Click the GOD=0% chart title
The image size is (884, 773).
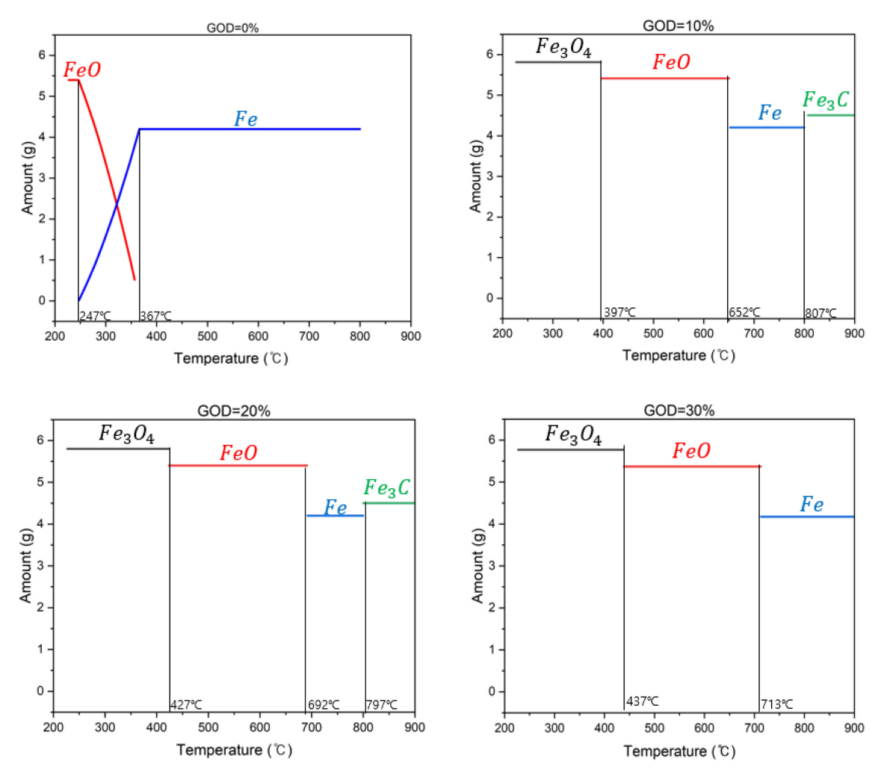(x=232, y=28)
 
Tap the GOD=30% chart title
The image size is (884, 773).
(x=679, y=410)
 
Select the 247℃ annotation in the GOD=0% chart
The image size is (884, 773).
(x=95, y=316)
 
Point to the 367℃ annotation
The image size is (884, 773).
(x=155, y=316)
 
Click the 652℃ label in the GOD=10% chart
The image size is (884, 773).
(x=744, y=312)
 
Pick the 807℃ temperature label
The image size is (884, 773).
(x=820, y=313)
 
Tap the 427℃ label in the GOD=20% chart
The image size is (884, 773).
(x=186, y=705)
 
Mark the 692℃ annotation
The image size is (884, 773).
(x=324, y=705)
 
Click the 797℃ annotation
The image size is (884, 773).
(x=382, y=705)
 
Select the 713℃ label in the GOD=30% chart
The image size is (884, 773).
(x=777, y=704)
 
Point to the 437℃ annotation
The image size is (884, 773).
(x=643, y=701)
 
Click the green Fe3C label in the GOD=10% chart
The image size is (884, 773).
(x=826, y=100)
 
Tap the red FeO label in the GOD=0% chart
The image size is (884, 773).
(x=82, y=70)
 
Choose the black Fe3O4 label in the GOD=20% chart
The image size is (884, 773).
(x=127, y=434)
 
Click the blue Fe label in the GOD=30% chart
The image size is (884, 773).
(x=812, y=505)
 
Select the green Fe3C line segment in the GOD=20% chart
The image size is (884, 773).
(x=389, y=503)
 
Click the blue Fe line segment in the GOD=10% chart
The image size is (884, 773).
(x=766, y=128)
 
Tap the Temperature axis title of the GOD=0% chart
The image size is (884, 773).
(x=231, y=358)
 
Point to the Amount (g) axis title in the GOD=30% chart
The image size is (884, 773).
(x=477, y=565)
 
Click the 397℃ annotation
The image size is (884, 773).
(x=619, y=312)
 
